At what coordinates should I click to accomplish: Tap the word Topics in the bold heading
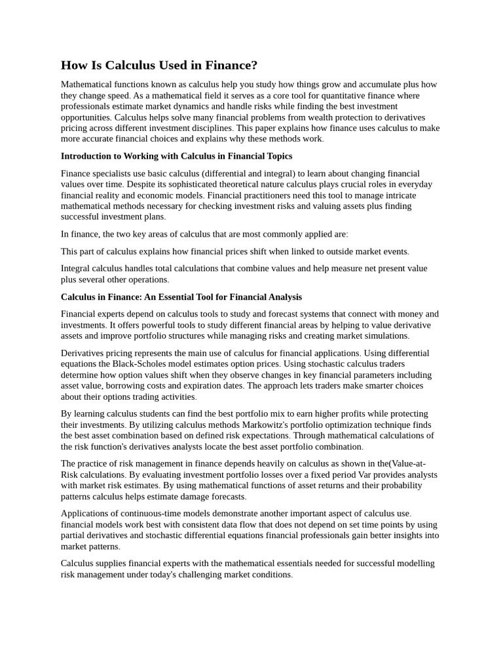click(278, 156)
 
